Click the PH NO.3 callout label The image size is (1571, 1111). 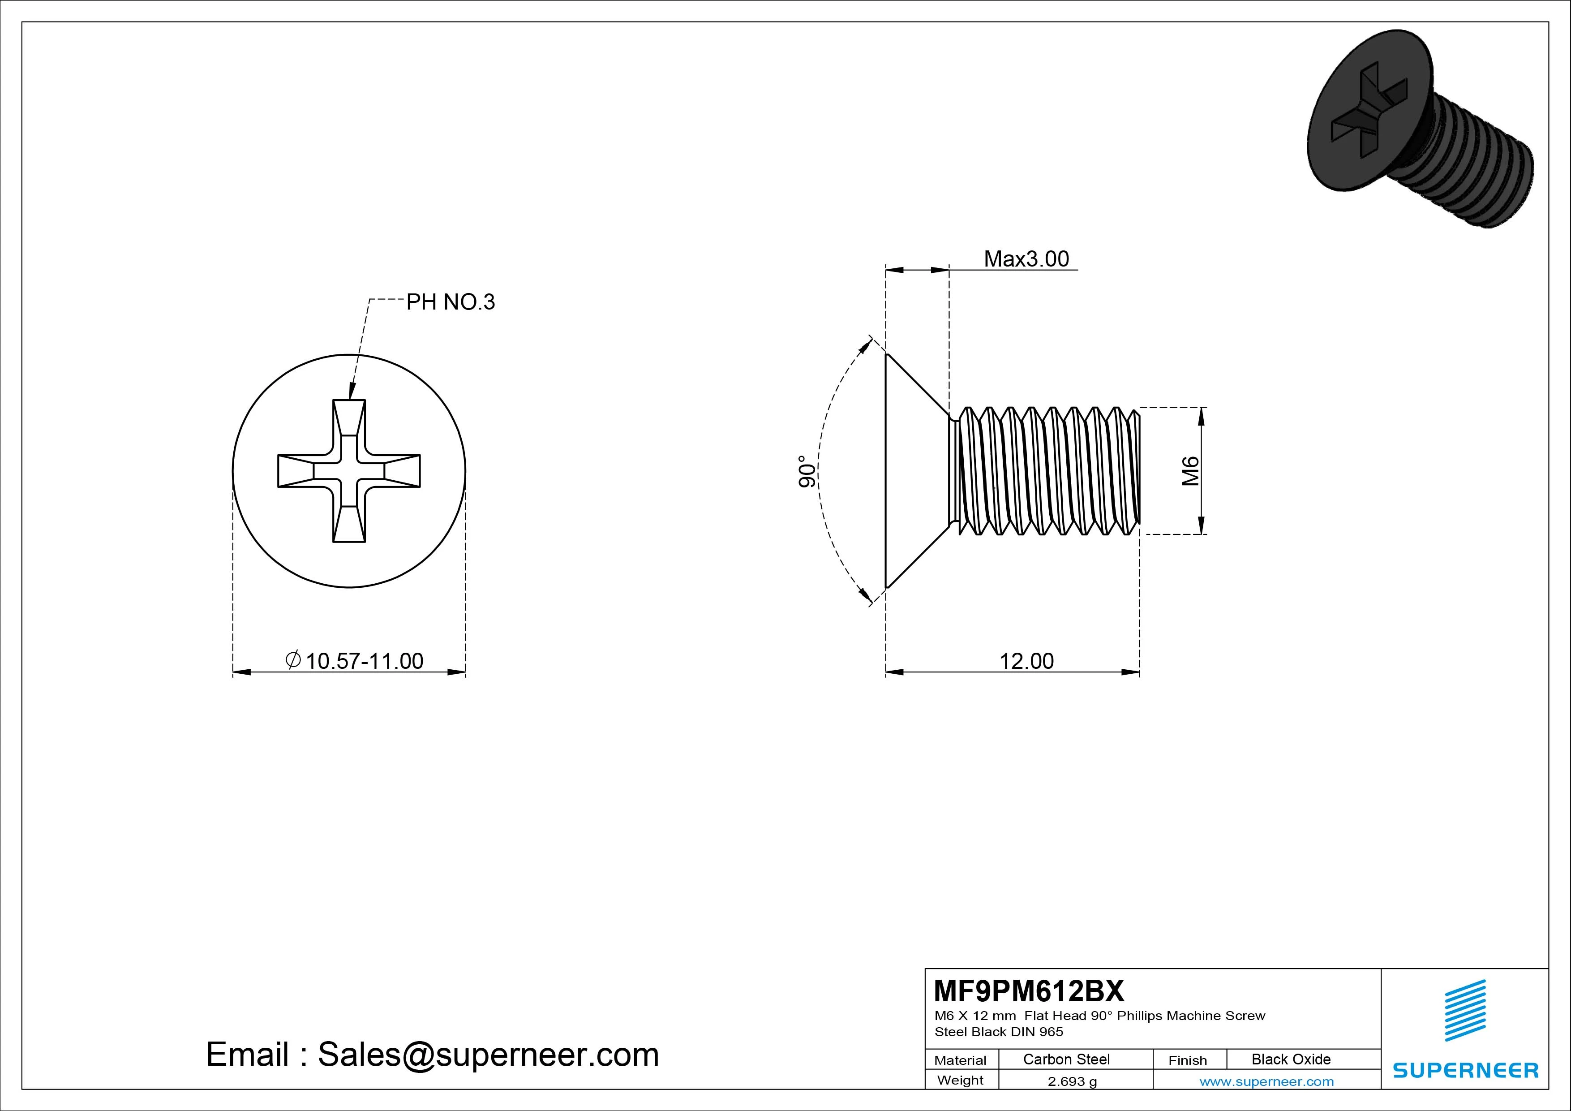click(450, 302)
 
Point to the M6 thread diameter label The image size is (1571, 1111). click(1191, 470)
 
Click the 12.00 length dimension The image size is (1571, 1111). click(1026, 661)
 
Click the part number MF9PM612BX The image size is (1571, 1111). click(1028, 990)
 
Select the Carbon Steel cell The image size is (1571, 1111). click(1066, 1059)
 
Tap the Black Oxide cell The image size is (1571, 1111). click(1291, 1059)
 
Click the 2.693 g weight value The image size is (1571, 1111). click(1072, 1081)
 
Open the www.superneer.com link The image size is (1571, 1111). click(1266, 1081)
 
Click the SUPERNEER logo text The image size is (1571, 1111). click(1466, 1070)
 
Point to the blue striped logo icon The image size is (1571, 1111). click(1465, 1010)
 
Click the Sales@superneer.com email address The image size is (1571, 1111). click(488, 1054)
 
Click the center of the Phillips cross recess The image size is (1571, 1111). click(349, 471)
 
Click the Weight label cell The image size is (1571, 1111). click(960, 1080)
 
